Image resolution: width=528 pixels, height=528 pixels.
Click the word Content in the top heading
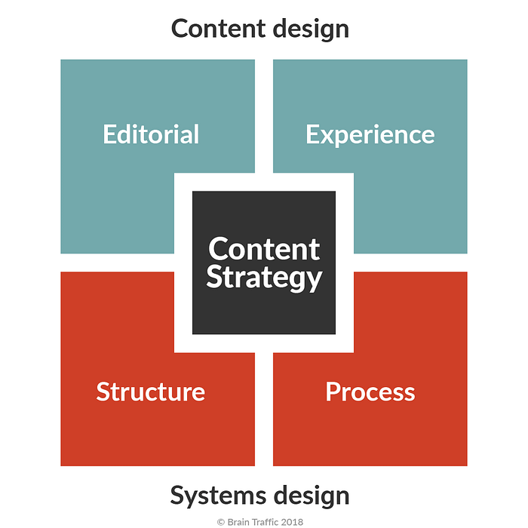tap(218, 29)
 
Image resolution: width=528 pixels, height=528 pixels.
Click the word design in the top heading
tap(311, 30)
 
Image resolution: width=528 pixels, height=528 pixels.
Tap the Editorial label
tap(151, 134)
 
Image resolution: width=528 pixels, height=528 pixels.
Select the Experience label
tap(370, 136)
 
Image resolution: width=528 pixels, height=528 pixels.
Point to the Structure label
tap(151, 391)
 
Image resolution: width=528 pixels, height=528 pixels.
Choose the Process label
tap(370, 391)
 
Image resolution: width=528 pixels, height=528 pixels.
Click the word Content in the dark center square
tap(264, 249)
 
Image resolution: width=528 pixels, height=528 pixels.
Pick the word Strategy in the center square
tap(264, 278)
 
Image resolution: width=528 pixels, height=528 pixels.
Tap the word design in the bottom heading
tap(312, 496)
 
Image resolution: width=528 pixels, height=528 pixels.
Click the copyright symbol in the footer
tap(221, 522)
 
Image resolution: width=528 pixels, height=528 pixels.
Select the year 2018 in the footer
tap(292, 522)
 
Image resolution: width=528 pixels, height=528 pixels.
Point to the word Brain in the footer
tap(238, 522)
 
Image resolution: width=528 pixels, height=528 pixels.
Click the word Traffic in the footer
tap(266, 522)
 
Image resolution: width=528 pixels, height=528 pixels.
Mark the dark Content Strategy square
tap(264, 262)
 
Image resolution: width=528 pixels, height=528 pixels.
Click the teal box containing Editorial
tap(135, 135)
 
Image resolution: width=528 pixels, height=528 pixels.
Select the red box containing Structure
tap(135, 404)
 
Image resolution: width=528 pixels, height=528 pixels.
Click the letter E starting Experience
tap(312, 134)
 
